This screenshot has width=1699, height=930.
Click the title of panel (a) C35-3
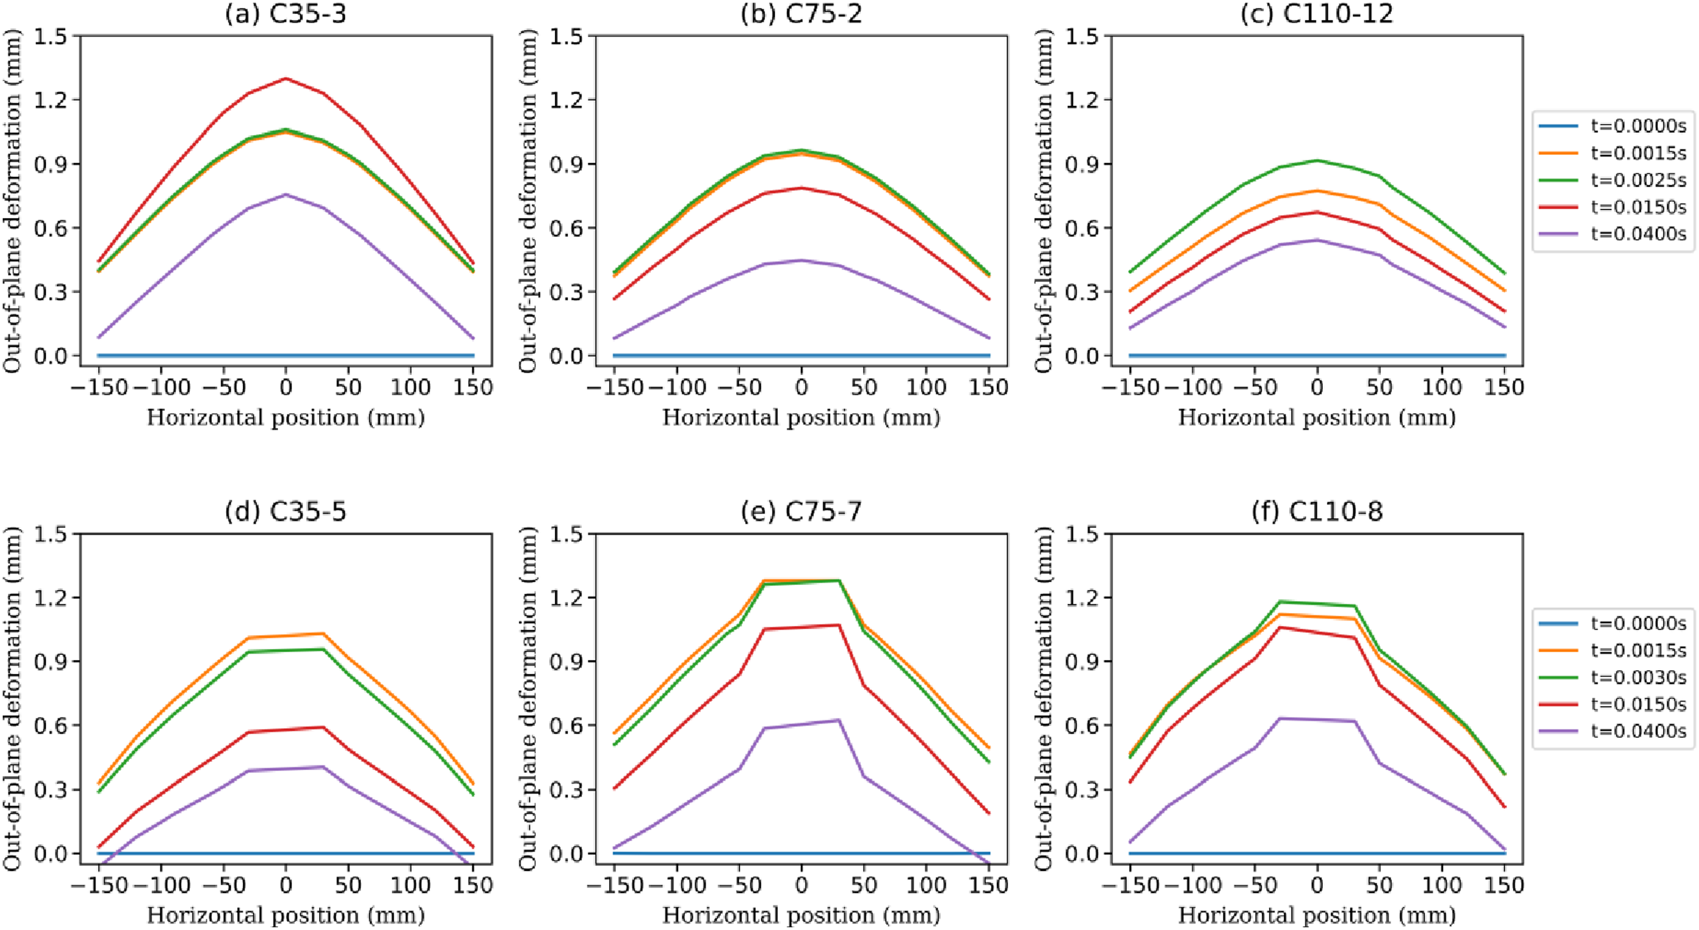pos(286,14)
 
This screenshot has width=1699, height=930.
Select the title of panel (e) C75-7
pos(802,511)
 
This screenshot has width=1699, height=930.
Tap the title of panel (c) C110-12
pos(1317,14)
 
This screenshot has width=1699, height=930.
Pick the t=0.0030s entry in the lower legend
pos(1612,678)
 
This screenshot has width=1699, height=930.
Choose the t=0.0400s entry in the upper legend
pos(1612,234)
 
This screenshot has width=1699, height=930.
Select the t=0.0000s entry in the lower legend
pos(1612,623)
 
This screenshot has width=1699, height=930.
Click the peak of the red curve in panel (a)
pos(286,79)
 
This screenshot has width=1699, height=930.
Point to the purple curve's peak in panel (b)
pos(802,260)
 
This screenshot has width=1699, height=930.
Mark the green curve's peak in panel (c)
pos(1317,160)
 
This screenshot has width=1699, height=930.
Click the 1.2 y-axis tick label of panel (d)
pos(50,597)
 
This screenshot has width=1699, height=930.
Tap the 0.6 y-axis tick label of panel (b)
pos(566,228)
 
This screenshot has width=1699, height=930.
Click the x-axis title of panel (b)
pos(802,418)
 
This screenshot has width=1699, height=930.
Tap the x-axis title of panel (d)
pos(286,915)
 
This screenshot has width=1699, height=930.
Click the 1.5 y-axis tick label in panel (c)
pos(1082,36)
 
